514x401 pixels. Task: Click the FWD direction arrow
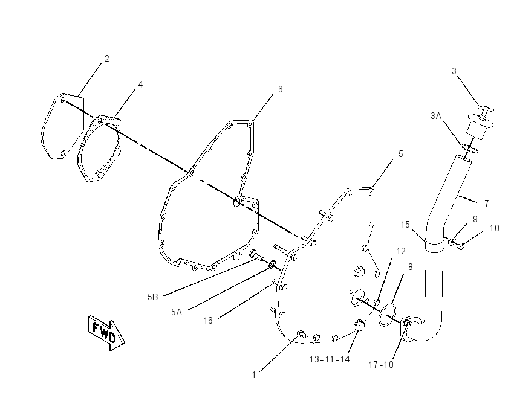[x=106, y=333]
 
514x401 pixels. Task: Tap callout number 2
[x=107, y=59]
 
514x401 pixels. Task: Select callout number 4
[x=141, y=85]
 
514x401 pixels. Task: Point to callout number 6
[x=280, y=89]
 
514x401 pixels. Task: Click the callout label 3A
[x=436, y=115]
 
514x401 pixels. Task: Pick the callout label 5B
[x=153, y=297]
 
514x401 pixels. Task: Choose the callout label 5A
[x=177, y=312]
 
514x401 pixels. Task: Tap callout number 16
[x=208, y=321]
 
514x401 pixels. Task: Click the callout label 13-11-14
[x=330, y=359]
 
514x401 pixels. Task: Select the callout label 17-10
[x=381, y=364]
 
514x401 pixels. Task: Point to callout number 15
[x=405, y=225]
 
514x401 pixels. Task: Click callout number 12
[x=401, y=251]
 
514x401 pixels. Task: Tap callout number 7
[x=487, y=204]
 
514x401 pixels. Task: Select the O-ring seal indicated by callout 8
[x=388, y=315]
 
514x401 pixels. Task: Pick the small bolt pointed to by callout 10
[x=461, y=246]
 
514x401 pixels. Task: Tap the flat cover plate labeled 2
[x=63, y=126]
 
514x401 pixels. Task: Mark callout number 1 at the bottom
[x=254, y=375]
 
